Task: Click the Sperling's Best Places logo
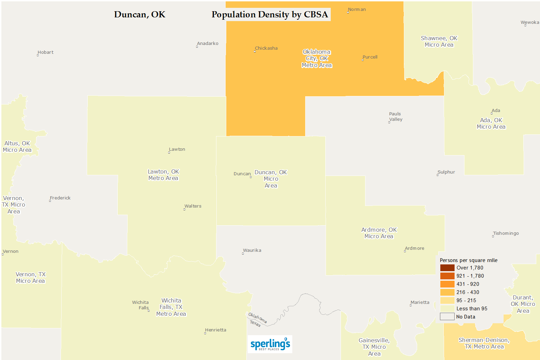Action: (x=270, y=344)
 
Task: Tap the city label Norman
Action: (x=357, y=10)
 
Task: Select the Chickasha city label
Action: (x=266, y=48)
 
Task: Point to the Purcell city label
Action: (x=370, y=57)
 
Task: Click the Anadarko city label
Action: (x=208, y=44)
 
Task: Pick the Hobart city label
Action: (x=46, y=52)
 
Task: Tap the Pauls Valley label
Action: (x=395, y=117)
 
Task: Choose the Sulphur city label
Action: (x=446, y=172)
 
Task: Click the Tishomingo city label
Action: (x=506, y=233)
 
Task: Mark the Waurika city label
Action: (x=252, y=250)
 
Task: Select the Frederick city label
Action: (x=60, y=198)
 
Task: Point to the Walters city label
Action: (x=193, y=206)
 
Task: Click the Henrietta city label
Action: (x=215, y=330)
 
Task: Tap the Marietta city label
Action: (x=420, y=302)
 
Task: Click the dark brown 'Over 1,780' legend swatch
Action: (x=447, y=268)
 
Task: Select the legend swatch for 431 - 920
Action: (x=447, y=284)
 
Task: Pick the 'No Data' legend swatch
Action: (x=447, y=317)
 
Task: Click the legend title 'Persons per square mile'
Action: (x=469, y=260)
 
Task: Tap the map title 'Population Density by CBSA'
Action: (x=270, y=15)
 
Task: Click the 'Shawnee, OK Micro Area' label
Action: (x=439, y=42)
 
